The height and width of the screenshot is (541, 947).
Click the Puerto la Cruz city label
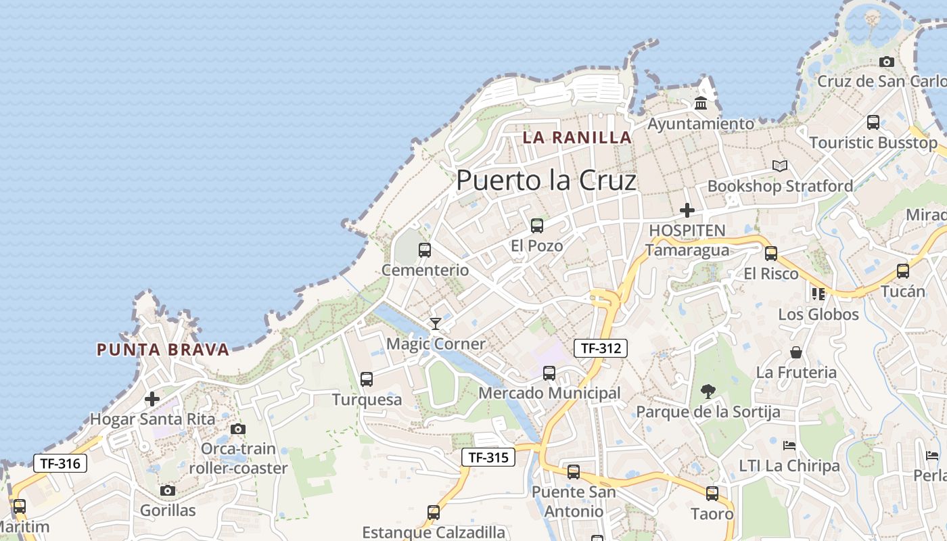pyautogui.click(x=547, y=181)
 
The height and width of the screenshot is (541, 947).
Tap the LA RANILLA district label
pyautogui.click(x=577, y=137)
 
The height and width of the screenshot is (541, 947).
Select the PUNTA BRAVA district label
pyautogui.click(x=163, y=350)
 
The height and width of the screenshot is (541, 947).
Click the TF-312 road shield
pyautogui.click(x=601, y=348)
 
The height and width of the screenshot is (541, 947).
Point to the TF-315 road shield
pyautogui.click(x=488, y=457)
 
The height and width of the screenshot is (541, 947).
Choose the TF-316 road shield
pyautogui.click(x=60, y=464)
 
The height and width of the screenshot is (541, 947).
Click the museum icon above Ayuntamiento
pyautogui.click(x=701, y=103)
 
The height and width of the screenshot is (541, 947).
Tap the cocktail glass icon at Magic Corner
pyautogui.click(x=436, y=324)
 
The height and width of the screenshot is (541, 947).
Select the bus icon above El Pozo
pyautogui.click(x=537, y=226)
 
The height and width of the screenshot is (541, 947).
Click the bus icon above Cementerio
pyautogui.click(x=425, y=250)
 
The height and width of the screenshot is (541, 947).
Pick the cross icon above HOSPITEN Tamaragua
pyautogui.click(x=687, y=210)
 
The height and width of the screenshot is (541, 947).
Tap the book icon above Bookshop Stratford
pyautogui.click(x=780, y=166)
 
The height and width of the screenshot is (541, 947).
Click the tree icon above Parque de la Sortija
pyautogui.click(x=708, y=391)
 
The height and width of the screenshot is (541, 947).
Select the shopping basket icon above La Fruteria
pyautogui.click(x=796, y=352)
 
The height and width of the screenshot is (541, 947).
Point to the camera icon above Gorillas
pyautogui.click(x=168, y=491)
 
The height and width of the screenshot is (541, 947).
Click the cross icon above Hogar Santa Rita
pyautogui.click(x=153, y=399)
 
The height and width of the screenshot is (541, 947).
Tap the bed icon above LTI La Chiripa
pyautogui.click(x=789, y=446)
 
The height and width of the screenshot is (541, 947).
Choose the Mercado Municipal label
pyautogui.click(x=549, y=393)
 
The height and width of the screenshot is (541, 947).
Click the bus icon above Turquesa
pyautogui.click(x=367, y=379)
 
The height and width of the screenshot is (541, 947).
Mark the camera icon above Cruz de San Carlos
pyautogui.click(x=887, y=62)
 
